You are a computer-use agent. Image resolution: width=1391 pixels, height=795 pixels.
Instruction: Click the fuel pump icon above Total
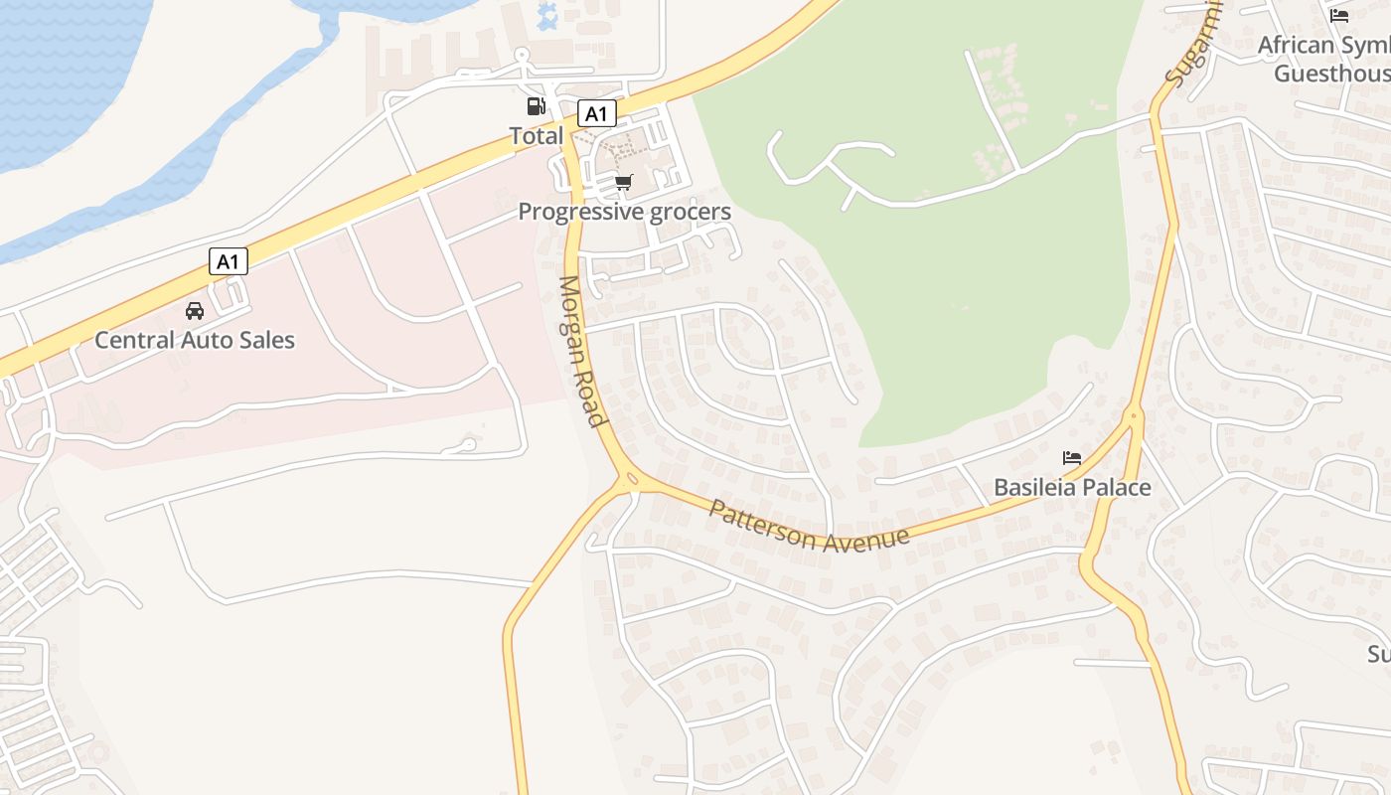pyautogui.click(x=536, y=106)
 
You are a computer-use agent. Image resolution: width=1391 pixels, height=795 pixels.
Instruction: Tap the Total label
pyautogui.click(x=537, y=135)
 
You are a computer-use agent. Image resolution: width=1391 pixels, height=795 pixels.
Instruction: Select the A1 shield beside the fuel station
pyautogui.click(x=596, y=113)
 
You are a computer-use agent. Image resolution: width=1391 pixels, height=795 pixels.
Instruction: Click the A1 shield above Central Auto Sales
pyautogui.click(x=229, y=261)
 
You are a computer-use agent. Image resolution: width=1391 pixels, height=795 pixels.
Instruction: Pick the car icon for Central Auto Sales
pyautogui.click(x=195, y=311)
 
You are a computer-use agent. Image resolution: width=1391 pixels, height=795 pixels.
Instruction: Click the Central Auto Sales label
pyautogui.click(x=195, y=340)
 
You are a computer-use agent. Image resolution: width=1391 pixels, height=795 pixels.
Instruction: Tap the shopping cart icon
pyautogui.click(x=623, y=182)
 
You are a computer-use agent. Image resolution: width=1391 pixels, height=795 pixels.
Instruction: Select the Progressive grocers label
pyautogui.click(x=624, y=212)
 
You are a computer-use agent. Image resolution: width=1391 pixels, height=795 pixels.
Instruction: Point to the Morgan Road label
pyautogui.click(x=582, y=351)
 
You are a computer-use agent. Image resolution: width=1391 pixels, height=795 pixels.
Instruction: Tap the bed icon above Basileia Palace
pyautogui.click(x=1072, y=458)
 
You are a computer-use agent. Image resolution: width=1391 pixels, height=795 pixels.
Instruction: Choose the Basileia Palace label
pyautogui.click(x=1072, y=488)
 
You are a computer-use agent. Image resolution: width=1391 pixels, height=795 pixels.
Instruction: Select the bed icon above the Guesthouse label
pyautogui.click(x=1339, y=16)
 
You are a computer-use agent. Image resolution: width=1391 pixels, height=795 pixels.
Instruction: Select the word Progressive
pyautogui.click(x=580, y=212)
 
